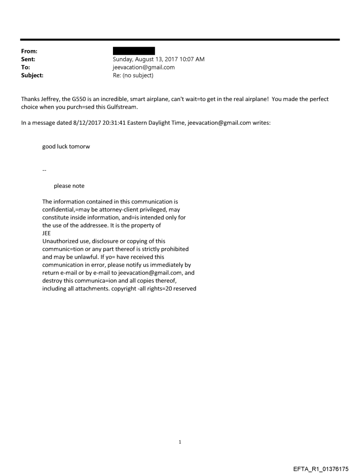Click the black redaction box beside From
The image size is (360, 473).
134,51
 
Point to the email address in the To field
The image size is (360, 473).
144,67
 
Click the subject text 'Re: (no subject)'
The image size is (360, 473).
133,75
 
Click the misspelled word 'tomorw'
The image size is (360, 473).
80,147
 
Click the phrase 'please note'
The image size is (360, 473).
69,186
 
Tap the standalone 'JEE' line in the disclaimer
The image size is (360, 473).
46,234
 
